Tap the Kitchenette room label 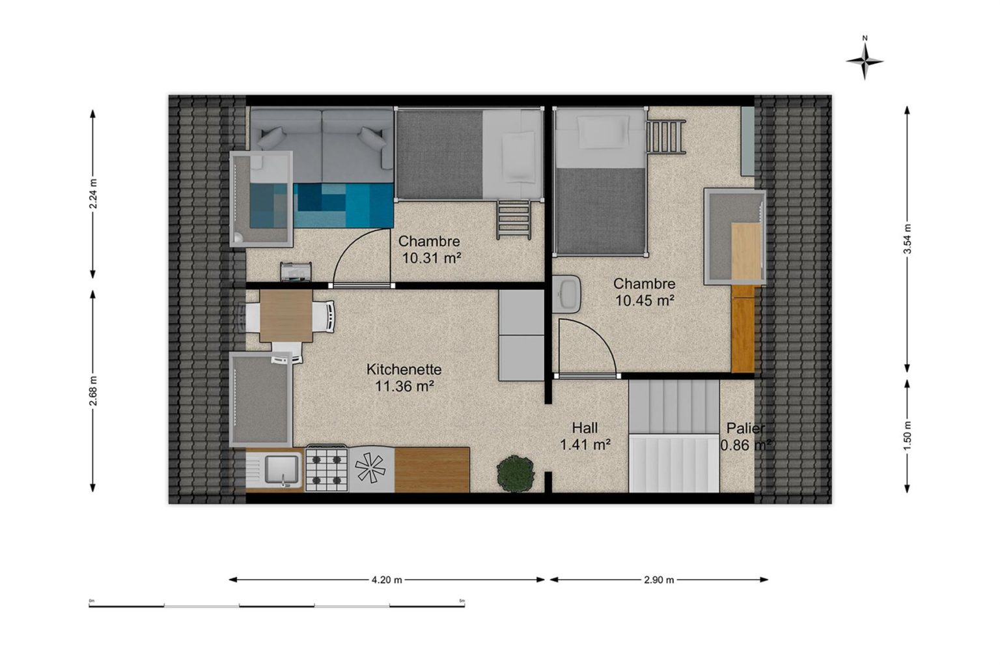(404, 369)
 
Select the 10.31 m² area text (432, 258)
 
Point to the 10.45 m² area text (645, 300)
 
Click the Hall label (585, 428)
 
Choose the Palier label (745, 428)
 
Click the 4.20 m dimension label (387, 580)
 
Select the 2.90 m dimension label (659, 580)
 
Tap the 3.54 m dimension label (907, 238)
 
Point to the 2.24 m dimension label (93, 194)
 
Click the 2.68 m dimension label (93, 391)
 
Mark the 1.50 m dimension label (907, 436)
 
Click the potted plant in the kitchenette (516, 474)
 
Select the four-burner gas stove (327, 468)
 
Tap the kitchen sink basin (281, 470)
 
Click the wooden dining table (286, 316)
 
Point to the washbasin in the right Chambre (566, 294)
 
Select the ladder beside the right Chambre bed (665, 137)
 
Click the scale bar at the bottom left (277, 606)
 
